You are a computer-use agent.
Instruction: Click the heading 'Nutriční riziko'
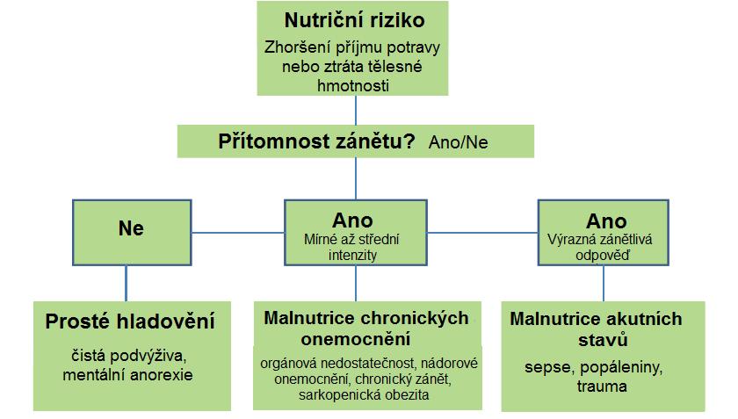pos(354,20)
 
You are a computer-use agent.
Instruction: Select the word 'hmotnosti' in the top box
pos(353,86)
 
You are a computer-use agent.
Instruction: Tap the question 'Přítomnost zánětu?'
pos(316,141)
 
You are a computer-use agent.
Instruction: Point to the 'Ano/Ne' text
pos(458,142)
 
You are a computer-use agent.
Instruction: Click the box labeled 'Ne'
pos(132,233)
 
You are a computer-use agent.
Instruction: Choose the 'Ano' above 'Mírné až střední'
pos(352,220)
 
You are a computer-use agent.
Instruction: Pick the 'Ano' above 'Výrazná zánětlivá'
pos(606,221)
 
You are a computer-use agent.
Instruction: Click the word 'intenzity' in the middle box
pos(352,255)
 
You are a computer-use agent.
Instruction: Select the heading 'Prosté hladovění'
pos(130,321)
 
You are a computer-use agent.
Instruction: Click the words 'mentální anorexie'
pos(127,375)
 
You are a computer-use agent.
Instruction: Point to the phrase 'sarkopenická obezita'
pos(364,394)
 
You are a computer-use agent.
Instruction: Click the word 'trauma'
pos(602,386)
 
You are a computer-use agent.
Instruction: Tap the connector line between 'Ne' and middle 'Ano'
pos(238,233)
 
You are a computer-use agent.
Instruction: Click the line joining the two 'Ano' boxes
pos(482,233)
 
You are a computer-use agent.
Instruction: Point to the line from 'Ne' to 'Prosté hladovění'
pos(127,284)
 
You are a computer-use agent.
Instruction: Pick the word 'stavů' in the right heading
pos(603,339)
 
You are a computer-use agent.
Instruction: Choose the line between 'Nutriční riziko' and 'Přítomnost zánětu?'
pos(355,110)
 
